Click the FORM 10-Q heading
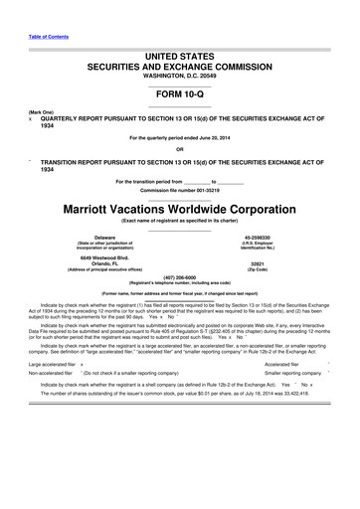(179, 89)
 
